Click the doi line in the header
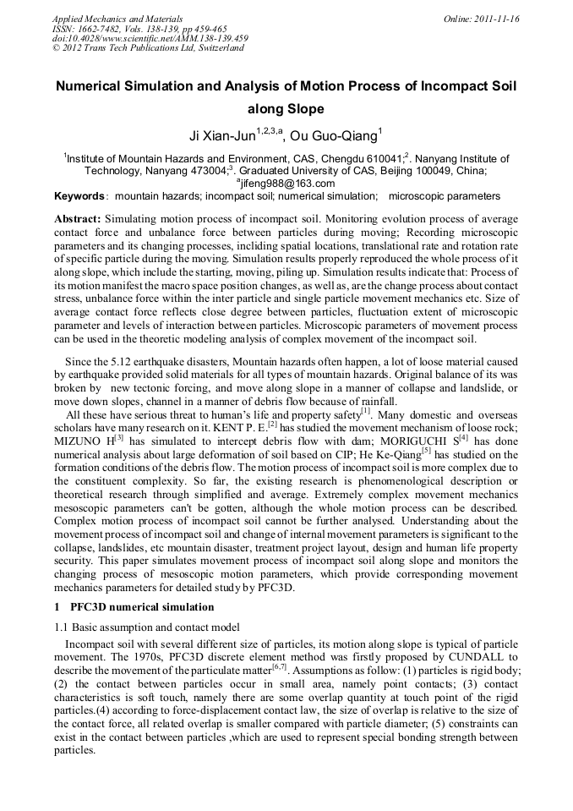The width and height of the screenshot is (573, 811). click(150, 38)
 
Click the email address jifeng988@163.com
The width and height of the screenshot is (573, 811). click(288, 184)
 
